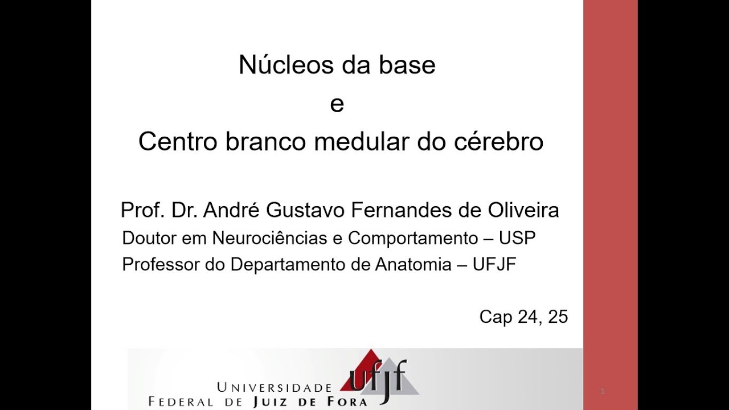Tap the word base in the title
pos(407,65)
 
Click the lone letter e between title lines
pos(337,104)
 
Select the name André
pos(230,211)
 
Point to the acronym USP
pos(518,238)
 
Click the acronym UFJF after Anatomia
pos(494,265)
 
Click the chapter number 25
pos(558,317)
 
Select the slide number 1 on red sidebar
pos(603,391)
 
